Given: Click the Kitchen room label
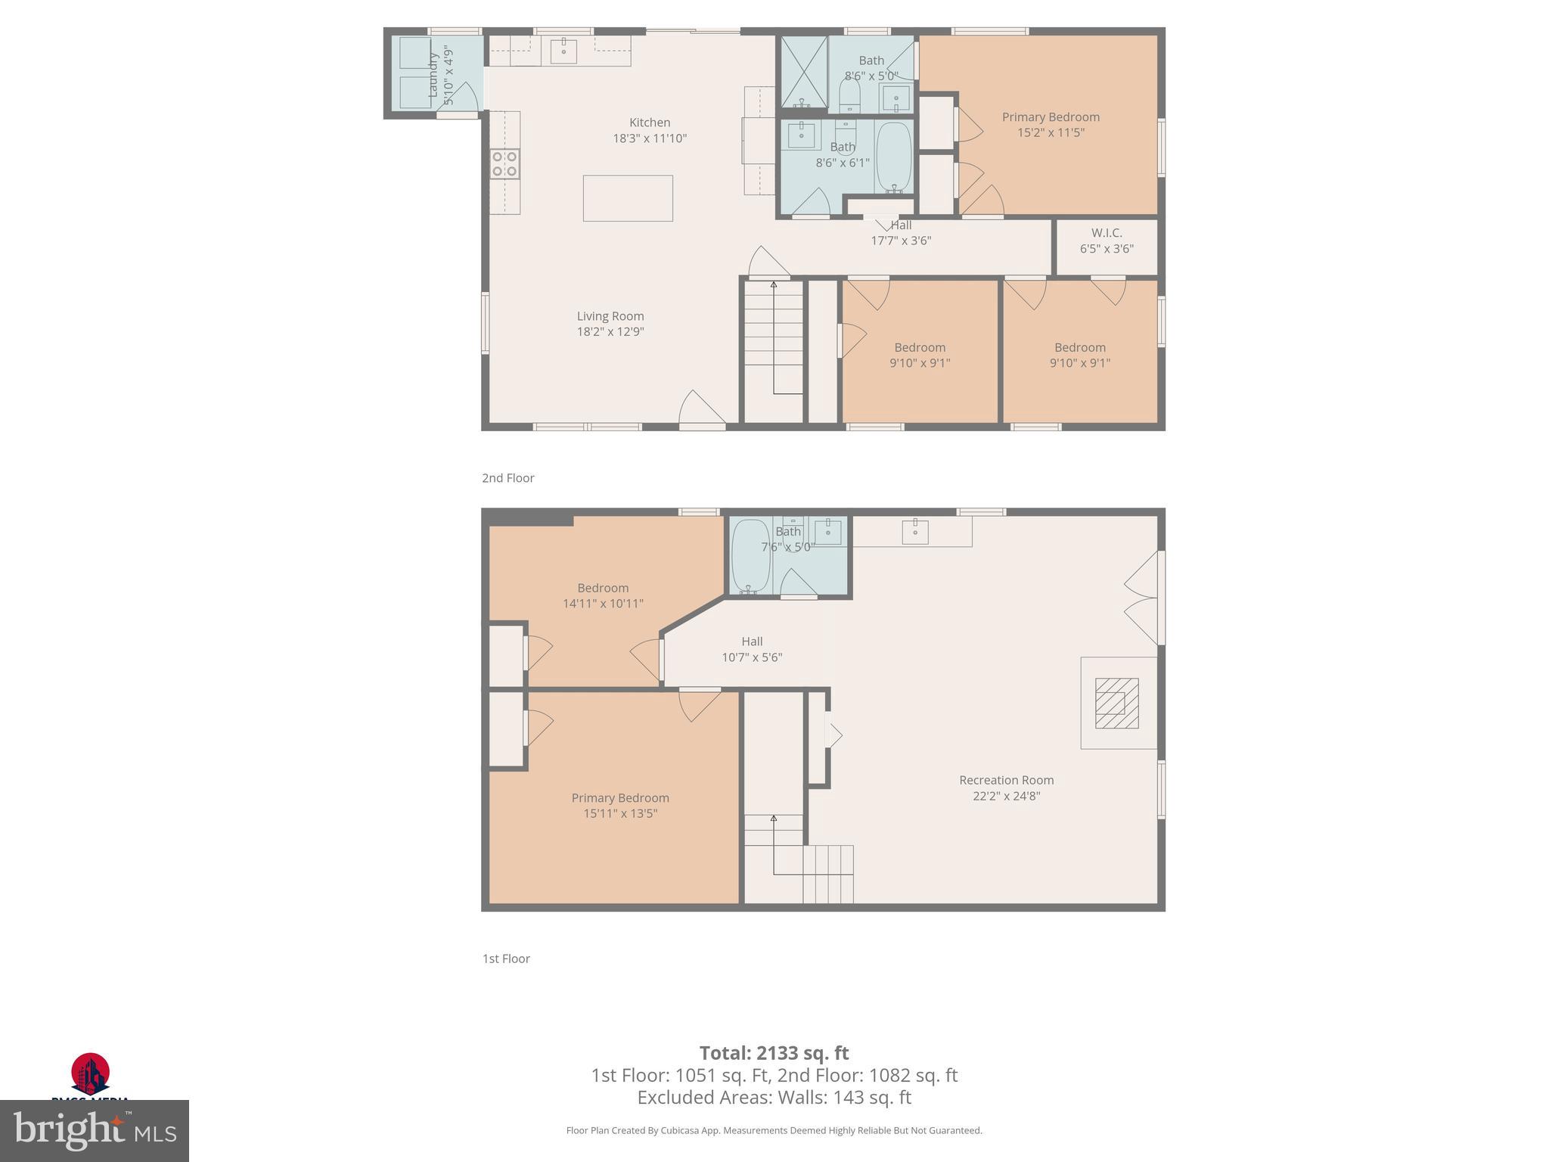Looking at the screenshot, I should pos(650,123).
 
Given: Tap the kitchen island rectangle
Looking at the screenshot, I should pos(628,198).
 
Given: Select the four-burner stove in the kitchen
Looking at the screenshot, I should pos(504,164).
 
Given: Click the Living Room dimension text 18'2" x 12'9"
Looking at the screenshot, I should pos(610,331).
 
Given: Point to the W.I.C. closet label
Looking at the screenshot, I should pos(1107,233).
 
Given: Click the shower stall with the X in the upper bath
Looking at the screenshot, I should pos(803,72).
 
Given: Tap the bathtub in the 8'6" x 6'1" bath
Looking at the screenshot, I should pos(894,157).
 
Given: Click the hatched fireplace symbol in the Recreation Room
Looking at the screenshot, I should pos(1116,703).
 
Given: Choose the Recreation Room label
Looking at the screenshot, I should pos(1006,780).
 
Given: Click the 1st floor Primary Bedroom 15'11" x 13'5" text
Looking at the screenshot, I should pos(619,813).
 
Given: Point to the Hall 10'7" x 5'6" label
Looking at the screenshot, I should pos(752,649).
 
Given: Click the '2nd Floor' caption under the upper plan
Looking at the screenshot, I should pos(508,478).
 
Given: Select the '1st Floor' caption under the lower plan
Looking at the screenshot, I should pos(506,958).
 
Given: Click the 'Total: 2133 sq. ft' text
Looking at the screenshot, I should pos(774,1052).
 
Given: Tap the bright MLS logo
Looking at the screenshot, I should pos(95,1131).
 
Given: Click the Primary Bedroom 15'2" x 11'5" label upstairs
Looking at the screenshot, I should pos(1051,124).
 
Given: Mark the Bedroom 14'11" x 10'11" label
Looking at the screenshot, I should pos(603,595).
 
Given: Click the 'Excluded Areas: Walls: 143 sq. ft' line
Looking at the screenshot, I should pos(774,1097).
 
